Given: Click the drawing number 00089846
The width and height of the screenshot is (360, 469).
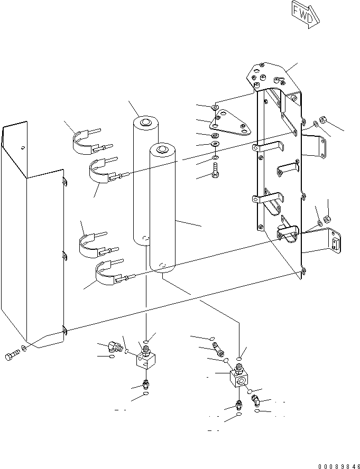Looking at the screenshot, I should click(338, 466).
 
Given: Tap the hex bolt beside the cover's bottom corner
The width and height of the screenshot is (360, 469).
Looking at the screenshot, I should click(12, 357).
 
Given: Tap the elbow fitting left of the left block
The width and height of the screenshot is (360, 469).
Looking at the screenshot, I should click(114, 346).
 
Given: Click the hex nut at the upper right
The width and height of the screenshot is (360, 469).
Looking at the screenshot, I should click(324, 123).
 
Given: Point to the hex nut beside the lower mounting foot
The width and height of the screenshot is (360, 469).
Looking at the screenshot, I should click(328, 218).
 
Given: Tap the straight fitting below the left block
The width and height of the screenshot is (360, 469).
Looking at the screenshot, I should click(145, 384).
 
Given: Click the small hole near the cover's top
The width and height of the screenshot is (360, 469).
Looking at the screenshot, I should click(22, 148).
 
